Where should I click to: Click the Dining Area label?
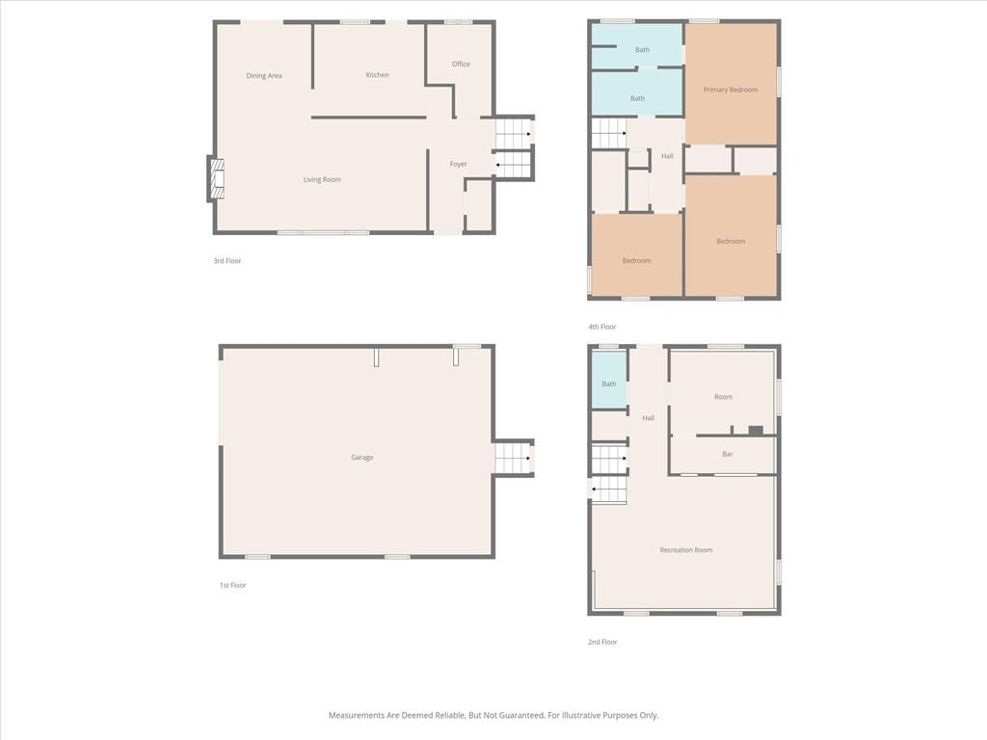point(264,75)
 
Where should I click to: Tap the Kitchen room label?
point(377,75)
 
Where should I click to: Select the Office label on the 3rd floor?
point(461,65)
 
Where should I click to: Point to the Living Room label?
point(322,180)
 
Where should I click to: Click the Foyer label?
point(458,164)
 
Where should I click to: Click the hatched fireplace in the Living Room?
point(217,178)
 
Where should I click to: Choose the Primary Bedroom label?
point(731,90)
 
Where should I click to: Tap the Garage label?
point(362,458)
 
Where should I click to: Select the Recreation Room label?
point(686,550)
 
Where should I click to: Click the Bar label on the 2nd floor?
point(727,454)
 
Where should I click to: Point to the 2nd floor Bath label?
point(609,383)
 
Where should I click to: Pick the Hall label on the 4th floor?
point(667,156)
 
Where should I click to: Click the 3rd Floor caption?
point(227,260)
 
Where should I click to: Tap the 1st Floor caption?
point(233,585)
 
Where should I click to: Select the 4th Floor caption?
point(602,327)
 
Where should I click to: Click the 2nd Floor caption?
point(602,642)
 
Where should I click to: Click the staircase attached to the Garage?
point(513,458)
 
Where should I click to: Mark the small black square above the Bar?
point(756,431)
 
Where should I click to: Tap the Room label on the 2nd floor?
point(723,397)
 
